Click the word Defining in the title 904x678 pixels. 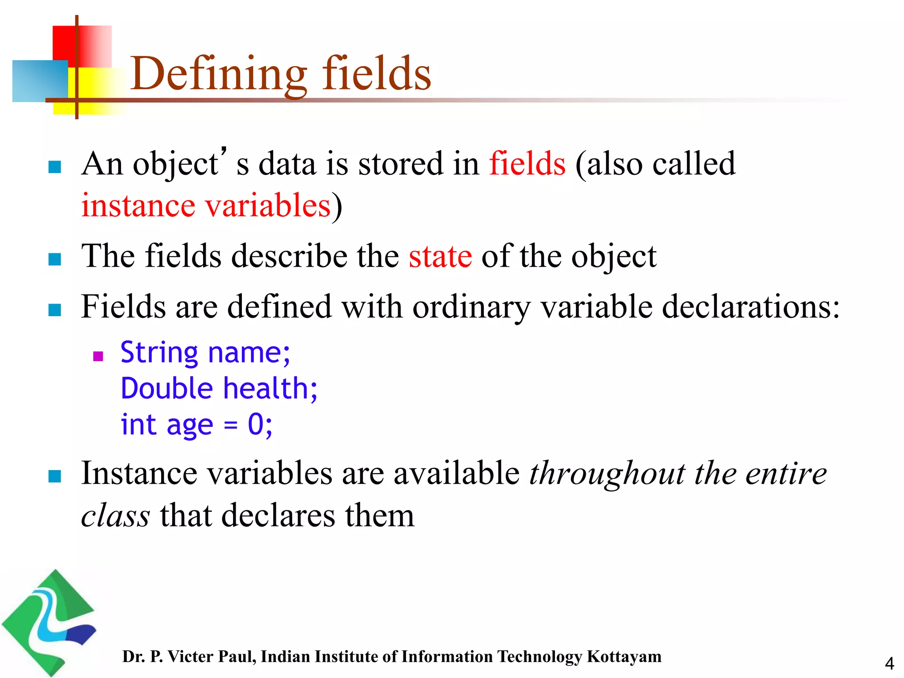(218, 74)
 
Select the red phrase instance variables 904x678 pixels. (206, 206)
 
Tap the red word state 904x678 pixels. (440, 256)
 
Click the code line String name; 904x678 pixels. (205, 353)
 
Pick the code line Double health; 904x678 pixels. (219, 388)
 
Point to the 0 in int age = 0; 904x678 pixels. (256, 424)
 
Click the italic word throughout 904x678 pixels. (607, 474)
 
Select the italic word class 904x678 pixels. (116, 516)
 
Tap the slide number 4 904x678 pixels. (889, 663)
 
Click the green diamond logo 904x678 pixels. (49, 622)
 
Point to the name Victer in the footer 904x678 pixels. (190, 656)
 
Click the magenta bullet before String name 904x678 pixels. (98, 356)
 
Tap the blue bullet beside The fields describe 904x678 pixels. (54, 259)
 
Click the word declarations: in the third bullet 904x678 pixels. (750, 307)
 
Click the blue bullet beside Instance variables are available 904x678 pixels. (54, 476)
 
